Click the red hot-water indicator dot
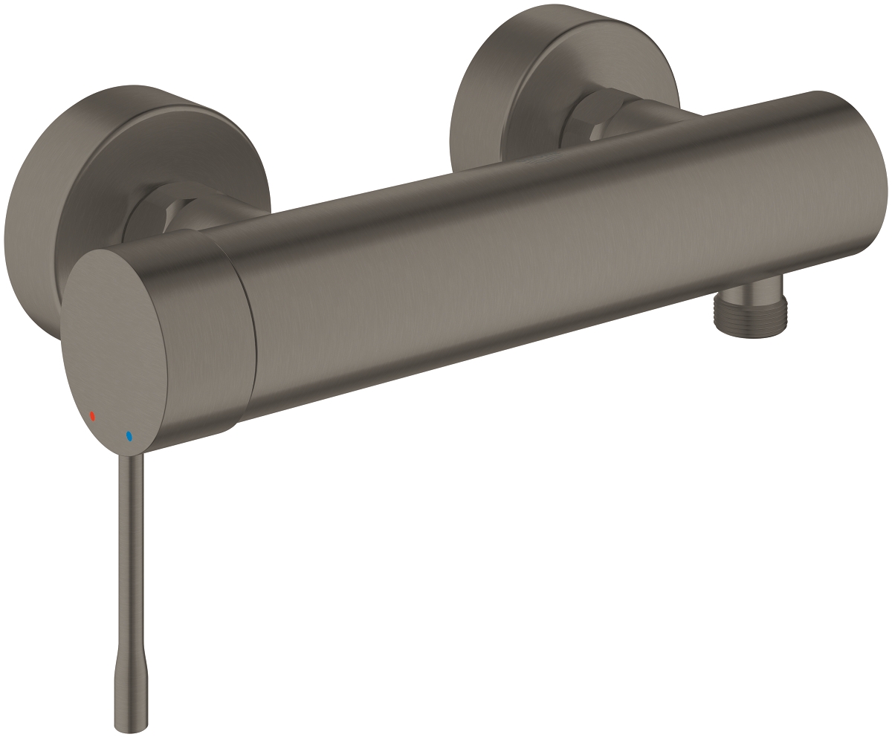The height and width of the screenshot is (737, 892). point(92,417)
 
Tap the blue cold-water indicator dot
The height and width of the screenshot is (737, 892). point(129,436)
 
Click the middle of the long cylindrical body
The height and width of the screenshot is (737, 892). point(520,245)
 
